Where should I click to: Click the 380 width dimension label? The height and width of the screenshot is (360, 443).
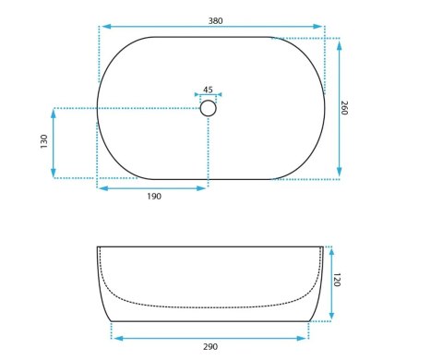tap(215, 21)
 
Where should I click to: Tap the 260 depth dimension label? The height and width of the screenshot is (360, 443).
tap(344, 108)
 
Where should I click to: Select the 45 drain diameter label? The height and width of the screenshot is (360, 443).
tap(208, 90)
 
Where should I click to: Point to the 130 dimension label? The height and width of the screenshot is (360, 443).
tap(44, 141)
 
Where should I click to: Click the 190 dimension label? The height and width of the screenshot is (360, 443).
tap(154, 197)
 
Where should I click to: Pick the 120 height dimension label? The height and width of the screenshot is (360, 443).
tap(337, 280)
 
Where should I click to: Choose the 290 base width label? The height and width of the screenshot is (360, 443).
tap(210, 347)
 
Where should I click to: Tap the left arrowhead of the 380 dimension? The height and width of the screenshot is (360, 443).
tap(106, 27)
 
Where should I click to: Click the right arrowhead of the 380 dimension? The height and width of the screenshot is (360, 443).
tap(317, 27)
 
